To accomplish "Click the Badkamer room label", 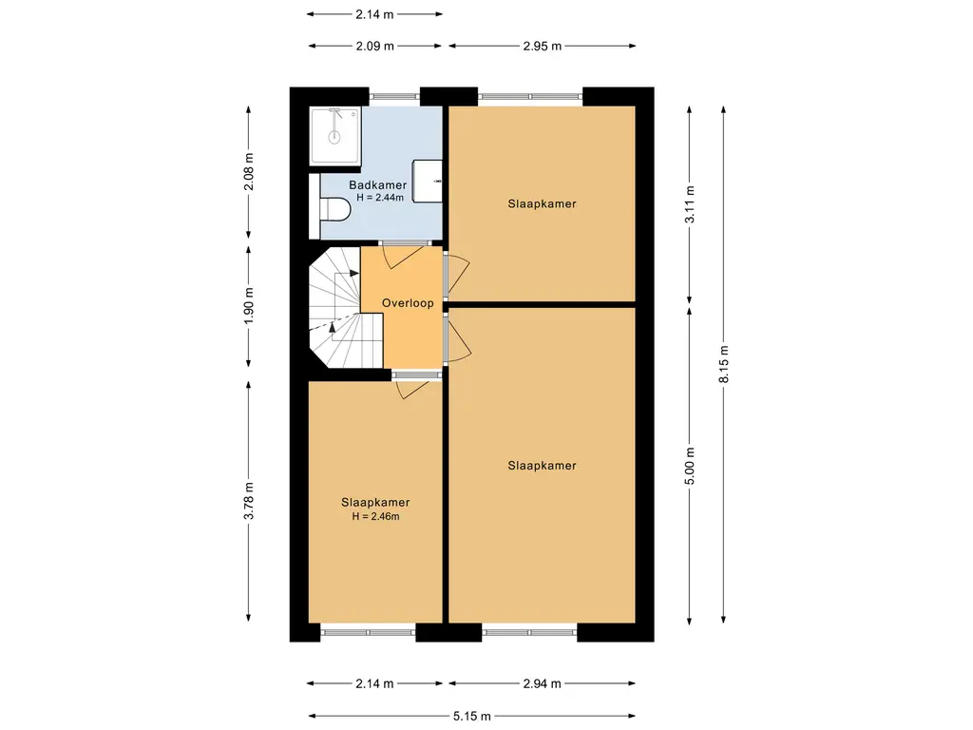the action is (377, 185).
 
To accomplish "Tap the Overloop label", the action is (408, 303).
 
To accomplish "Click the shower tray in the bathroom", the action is (335, 136).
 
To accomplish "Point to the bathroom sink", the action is (428, 181).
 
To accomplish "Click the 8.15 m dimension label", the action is (723, 364).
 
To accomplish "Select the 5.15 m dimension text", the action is (471, 716).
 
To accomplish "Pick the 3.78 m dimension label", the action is (248, 500).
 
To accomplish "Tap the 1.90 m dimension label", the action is (248, 305).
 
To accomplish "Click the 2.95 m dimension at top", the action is (542, 46).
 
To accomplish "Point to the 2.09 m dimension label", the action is (374, 46).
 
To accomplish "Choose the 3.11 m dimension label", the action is (690, 204).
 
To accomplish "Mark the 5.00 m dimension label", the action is (690, 466).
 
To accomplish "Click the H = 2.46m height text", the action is (375, 516).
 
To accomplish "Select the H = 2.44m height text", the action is (380, 198).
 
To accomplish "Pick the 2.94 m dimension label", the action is (542, 683).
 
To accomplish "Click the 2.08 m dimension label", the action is (248, 171).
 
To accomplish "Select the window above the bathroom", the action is (394, 96).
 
